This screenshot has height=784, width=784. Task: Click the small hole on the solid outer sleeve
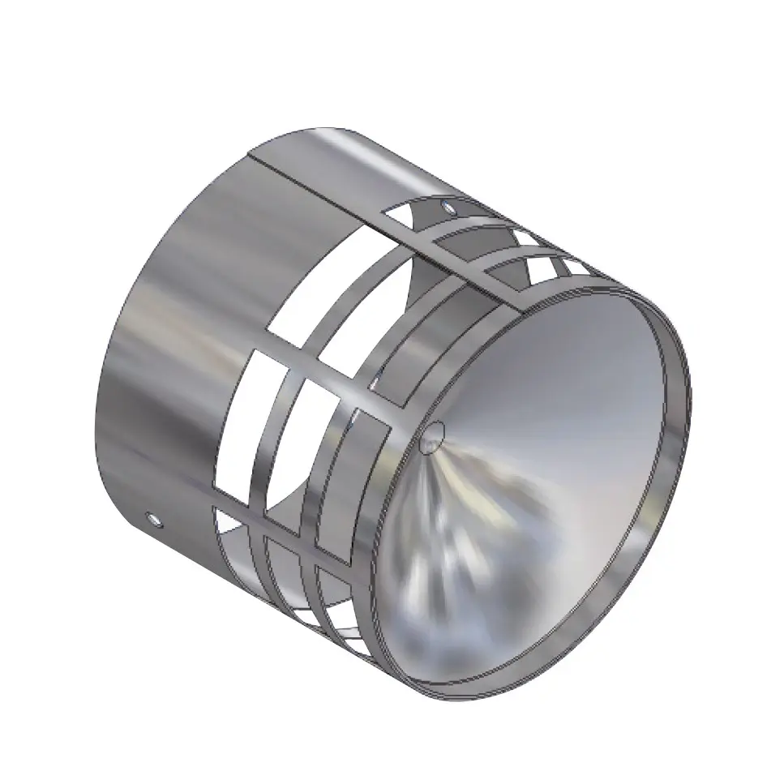click(150, 516)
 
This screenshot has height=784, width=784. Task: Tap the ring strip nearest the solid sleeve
click(268, 438)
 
